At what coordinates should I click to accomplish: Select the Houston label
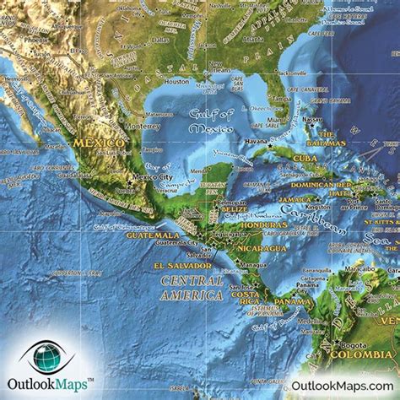click(177, 82)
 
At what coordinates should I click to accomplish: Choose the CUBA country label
click(305, 158)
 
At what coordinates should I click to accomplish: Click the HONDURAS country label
click(262, 225)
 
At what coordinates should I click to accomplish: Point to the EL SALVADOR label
click(179, 266)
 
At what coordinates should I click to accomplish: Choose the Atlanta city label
click(251, 39)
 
